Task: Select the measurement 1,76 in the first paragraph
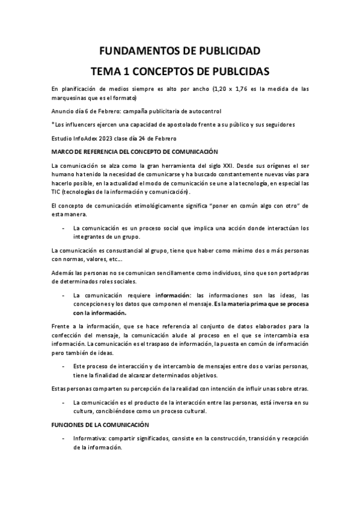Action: [x=239, y=89]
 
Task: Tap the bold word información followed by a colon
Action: [x=176, y=295]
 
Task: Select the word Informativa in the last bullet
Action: [x=91, y=438]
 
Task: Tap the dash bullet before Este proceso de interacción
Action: [x=64, y=366]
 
